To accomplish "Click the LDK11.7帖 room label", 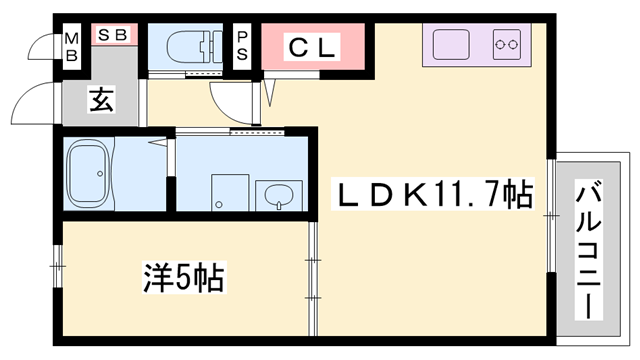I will [x=432, y=192].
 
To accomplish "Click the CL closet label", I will [x=313, y=46].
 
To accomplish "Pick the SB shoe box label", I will [x=112, y=34].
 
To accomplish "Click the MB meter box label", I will [x=71, y=46].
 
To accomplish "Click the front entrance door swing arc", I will [x=36, y=102].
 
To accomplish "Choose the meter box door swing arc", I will [x=43, y=46].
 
